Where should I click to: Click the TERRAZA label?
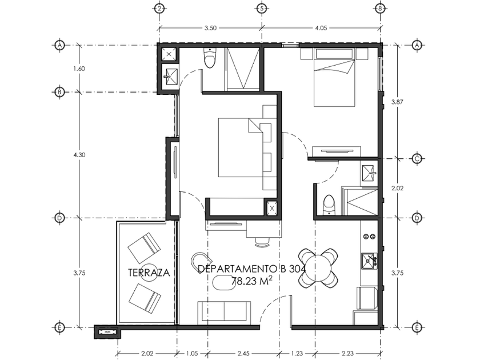point(149,273)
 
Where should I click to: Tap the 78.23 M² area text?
point(251,281)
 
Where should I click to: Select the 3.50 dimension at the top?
point(210,28)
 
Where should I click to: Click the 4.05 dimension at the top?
point(321,28)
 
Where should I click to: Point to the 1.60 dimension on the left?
point(79,69)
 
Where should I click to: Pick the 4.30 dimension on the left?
point(79,155)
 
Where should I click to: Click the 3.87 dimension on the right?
point(397,102)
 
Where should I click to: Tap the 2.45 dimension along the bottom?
point(243,354)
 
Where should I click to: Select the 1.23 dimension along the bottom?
point(297,354)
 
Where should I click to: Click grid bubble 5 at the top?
point(262,9)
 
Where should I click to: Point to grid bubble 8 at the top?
point(380,9)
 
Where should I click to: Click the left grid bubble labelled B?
point(59,92)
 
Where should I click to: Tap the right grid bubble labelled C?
point(417,159)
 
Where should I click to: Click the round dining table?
point(318,268)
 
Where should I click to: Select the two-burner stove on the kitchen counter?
point(369,237)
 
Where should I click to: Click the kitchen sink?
point(369,261)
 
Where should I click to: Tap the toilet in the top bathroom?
point(210,59)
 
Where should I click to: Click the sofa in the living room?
point(225,313)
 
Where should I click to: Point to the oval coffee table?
point(226,282)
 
